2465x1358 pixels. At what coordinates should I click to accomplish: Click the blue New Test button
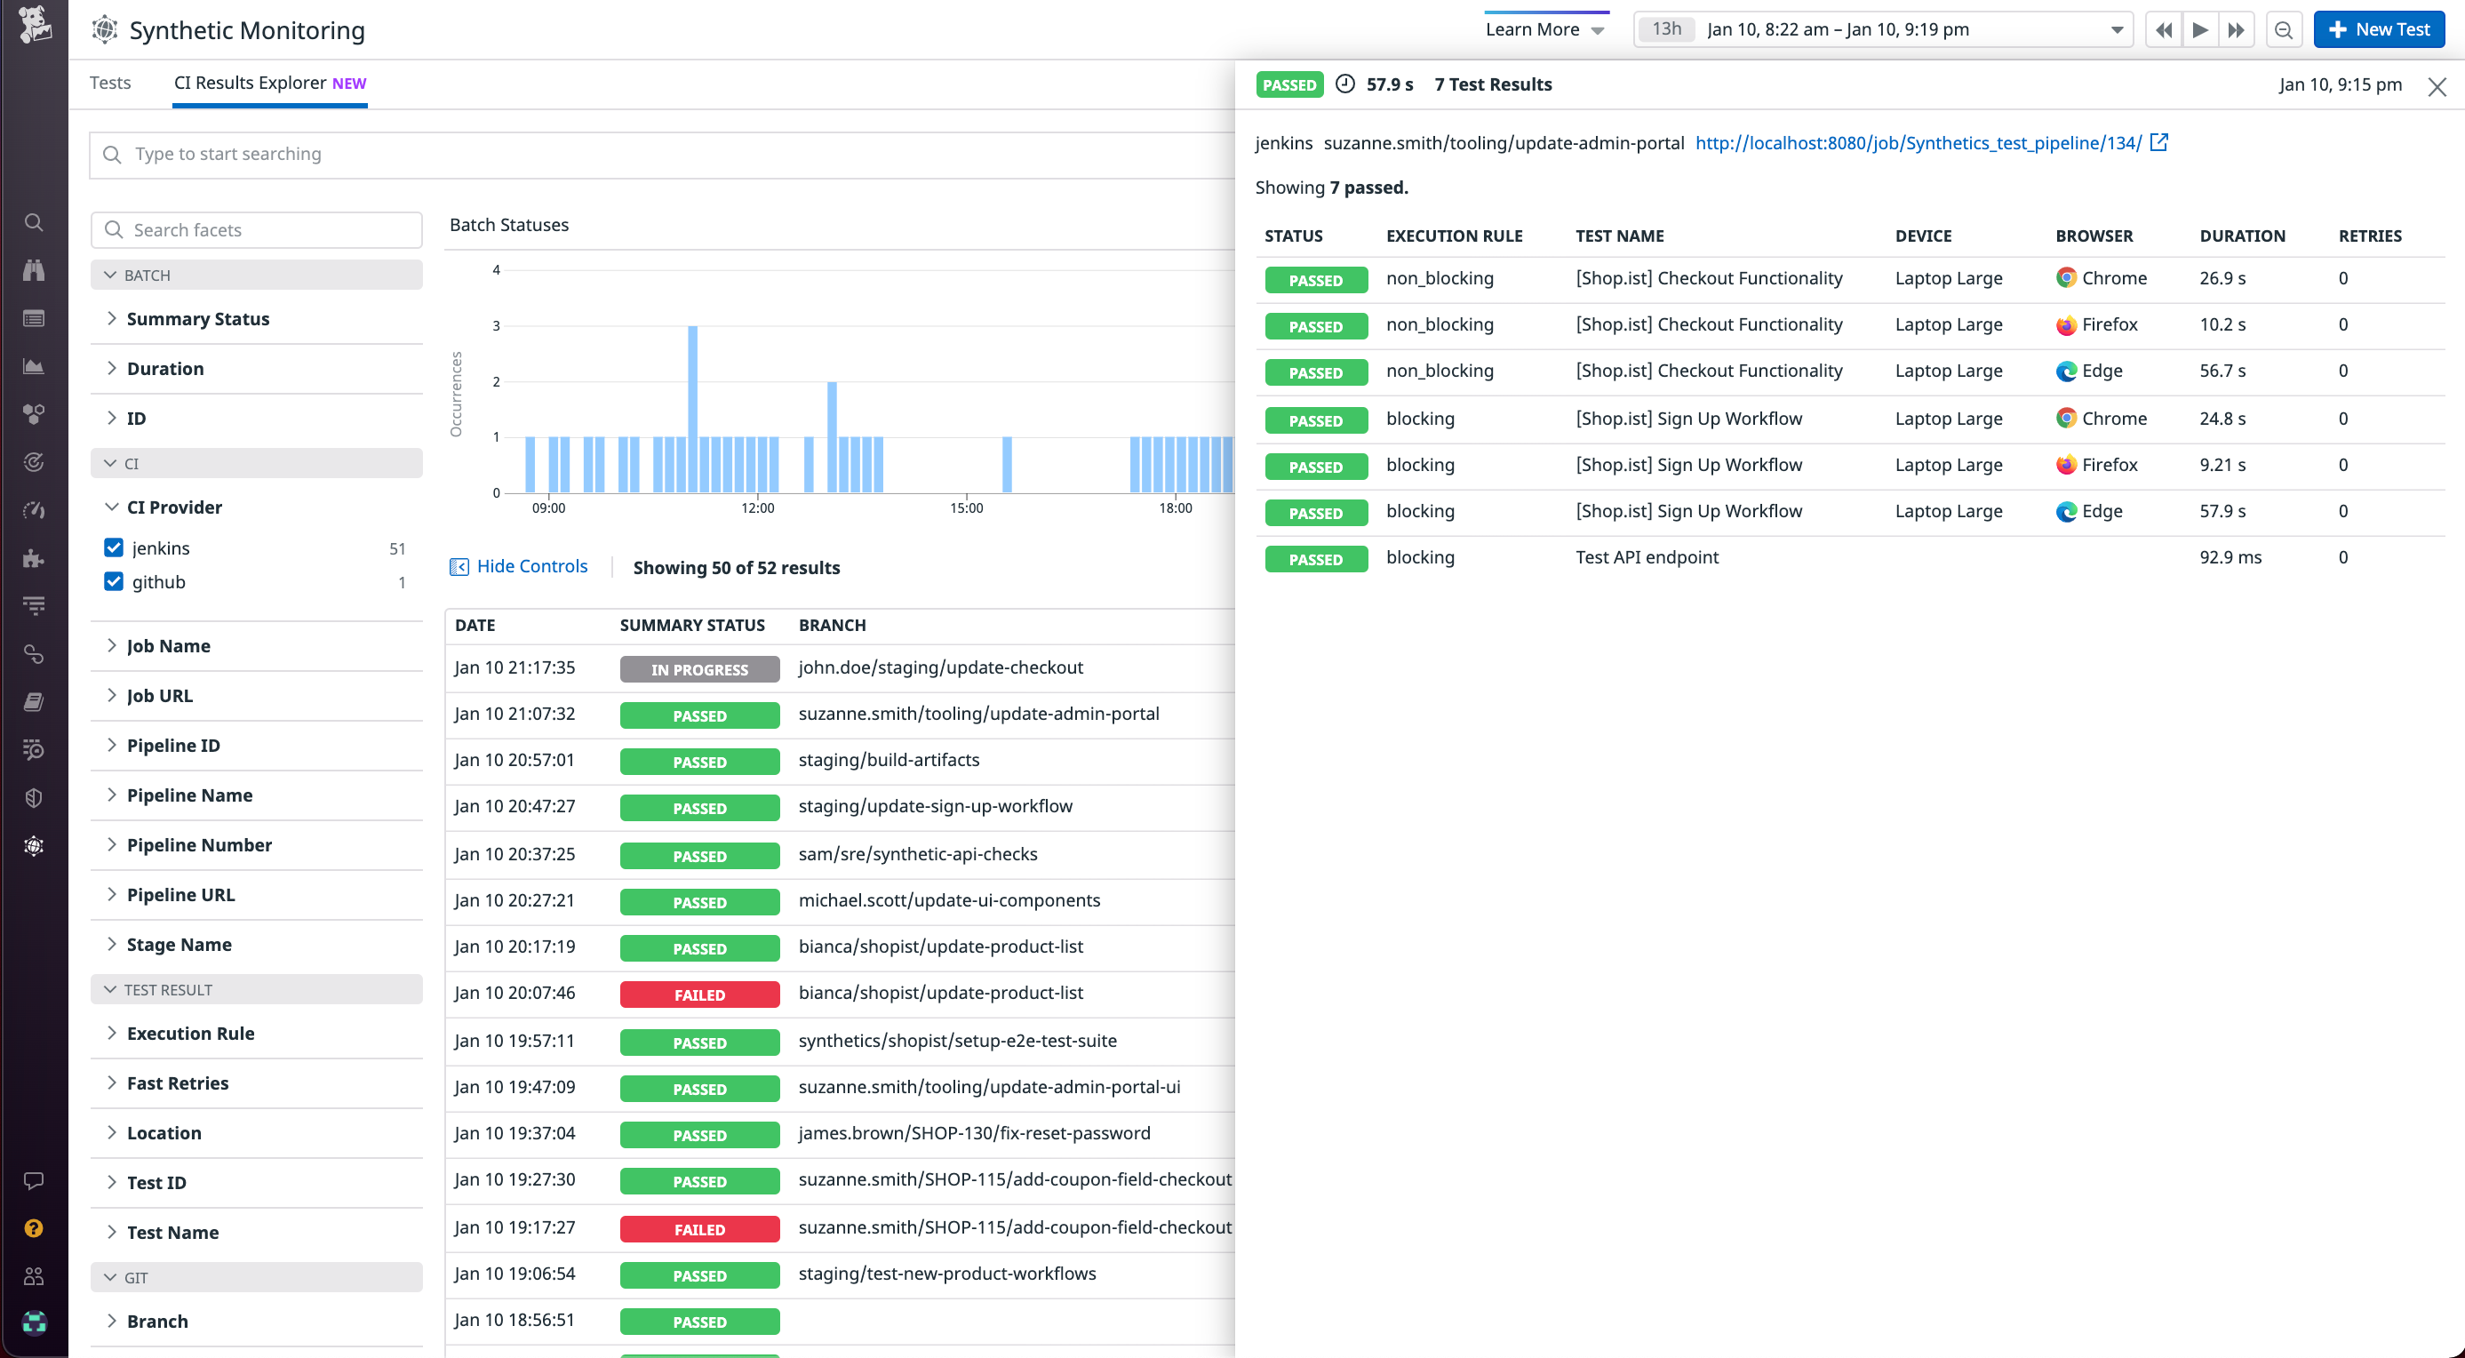pos(2378,29)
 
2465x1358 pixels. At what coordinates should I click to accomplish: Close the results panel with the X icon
pos(2437,87)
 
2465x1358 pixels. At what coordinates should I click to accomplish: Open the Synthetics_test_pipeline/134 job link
pos(1918,142)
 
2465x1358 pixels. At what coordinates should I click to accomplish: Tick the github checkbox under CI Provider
pos(114,582)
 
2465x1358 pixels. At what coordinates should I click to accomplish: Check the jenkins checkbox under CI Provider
pos(114,547)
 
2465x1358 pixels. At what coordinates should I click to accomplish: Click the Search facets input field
pos(257,229)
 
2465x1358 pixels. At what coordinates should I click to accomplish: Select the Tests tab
pos(110,83)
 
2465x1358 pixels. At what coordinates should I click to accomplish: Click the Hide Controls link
pos(531,566)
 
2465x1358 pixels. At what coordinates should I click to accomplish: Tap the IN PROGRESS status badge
pos(698,669)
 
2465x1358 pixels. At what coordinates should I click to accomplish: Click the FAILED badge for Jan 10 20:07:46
pos(698,995)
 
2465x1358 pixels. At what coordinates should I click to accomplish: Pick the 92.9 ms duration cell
pos(2230,557)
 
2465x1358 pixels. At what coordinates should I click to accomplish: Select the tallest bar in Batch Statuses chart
pos(692,409)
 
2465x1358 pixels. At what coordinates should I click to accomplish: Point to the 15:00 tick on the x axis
pos(966,508)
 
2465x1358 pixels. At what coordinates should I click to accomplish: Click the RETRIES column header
pos(2369,236)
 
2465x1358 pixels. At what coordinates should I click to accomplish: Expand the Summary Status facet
pos(197,319)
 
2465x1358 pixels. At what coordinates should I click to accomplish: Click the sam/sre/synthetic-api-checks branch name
pos(917,854)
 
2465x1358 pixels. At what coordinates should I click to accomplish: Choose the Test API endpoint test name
pos(1646,557)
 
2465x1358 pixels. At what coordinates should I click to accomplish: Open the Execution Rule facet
pos(190,1034)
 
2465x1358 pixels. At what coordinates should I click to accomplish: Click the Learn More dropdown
pos(1544,29)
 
